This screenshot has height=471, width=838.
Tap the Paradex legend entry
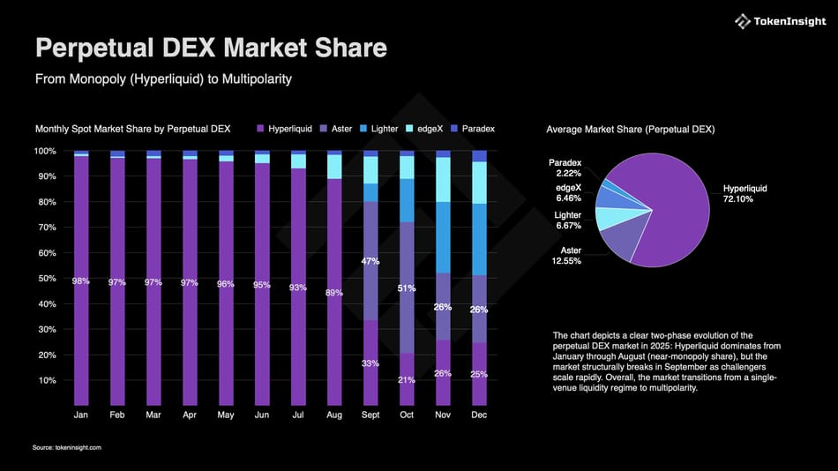tap(473, 129)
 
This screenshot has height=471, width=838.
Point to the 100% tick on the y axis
tap(45, 151)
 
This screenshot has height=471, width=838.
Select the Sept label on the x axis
tap(370, 414)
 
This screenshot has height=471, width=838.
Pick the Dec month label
tap(479, 414)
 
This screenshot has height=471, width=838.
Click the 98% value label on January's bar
tap(81, 281)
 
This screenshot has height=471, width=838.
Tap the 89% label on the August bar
tap(334, 293)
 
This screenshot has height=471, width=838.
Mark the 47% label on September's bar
tap(370, 261)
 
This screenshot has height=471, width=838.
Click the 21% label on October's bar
tap(407, 380)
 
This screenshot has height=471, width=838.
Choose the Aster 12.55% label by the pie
tap(567, 257)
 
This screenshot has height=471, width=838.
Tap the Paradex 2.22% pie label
tap(565, 168)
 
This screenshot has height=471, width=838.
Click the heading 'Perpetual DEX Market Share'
tap(211, 48)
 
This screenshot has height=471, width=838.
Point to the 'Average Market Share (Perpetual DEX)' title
tap(631, 130)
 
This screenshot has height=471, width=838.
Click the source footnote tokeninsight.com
tap(67, 448)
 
